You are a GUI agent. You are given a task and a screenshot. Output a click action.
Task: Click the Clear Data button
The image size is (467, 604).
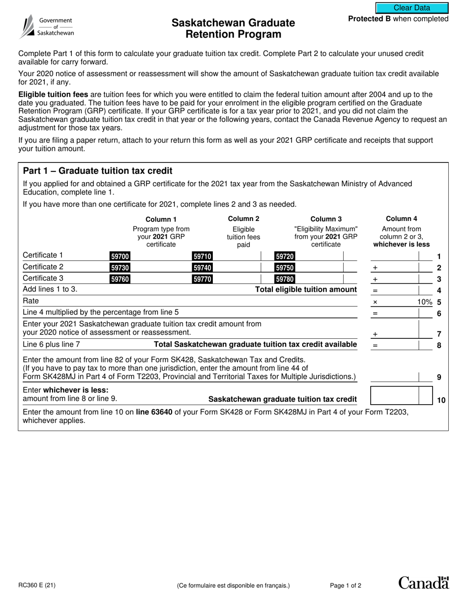[x=412, y=8]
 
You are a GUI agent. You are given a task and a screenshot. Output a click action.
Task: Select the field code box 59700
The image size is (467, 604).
[x=120, y=256]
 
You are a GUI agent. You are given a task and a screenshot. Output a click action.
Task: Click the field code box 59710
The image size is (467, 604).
[x=203, y=256]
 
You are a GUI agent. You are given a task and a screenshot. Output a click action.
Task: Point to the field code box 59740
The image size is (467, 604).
[x=203, y=268]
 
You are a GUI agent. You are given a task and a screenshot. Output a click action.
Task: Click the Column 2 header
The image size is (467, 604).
[x=243, y=219]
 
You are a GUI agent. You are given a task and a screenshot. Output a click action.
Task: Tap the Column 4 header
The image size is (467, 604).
[x=401, y=219]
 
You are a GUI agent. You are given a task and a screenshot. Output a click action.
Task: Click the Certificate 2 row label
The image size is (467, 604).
[x=43, y=267]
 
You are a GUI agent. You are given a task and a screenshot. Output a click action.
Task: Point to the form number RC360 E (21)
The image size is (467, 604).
[x=37, y=585]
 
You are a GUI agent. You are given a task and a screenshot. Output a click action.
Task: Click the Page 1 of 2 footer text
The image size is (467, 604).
[x=346, y=585]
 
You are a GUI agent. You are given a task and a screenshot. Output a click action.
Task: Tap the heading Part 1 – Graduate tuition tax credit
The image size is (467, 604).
[x=98, y=171]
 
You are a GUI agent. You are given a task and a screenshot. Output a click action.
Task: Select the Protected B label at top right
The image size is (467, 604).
[x=398, y=19]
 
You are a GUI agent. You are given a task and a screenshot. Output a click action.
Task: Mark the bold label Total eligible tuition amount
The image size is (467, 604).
[x=306, y=290]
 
